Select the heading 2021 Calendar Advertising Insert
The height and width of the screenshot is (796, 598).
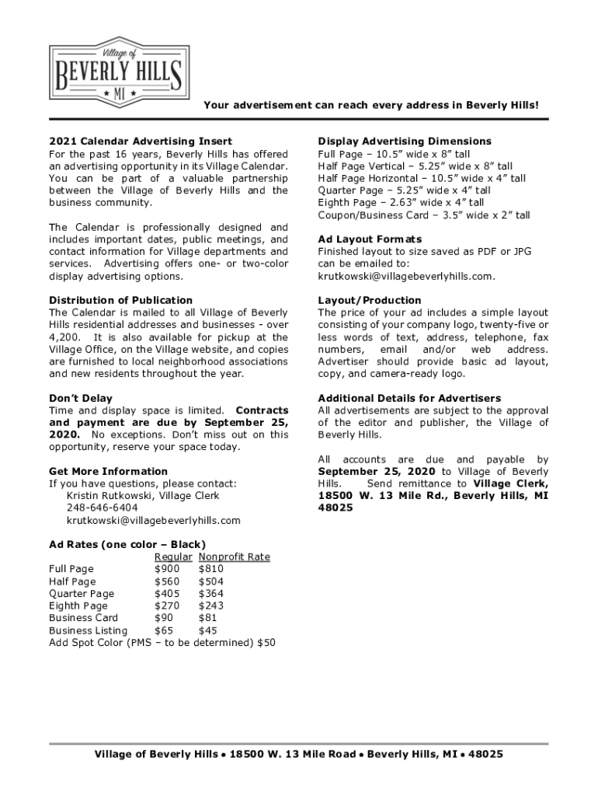141,141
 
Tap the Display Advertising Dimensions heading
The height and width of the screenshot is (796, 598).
405,141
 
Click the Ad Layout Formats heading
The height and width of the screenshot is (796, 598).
370,239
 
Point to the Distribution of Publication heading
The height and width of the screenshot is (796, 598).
120,300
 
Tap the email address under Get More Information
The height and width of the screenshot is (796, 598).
153,521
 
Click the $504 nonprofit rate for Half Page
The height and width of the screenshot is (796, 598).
211,581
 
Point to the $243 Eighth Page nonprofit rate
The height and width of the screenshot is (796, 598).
211,606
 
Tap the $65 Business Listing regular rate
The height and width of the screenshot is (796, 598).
164,631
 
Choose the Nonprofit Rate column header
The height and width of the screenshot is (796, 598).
234,557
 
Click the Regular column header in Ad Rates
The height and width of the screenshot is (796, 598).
173,557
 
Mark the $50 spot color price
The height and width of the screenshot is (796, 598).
266,644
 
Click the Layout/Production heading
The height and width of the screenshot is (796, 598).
370,300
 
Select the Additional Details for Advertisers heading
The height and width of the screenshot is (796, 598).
409,398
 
